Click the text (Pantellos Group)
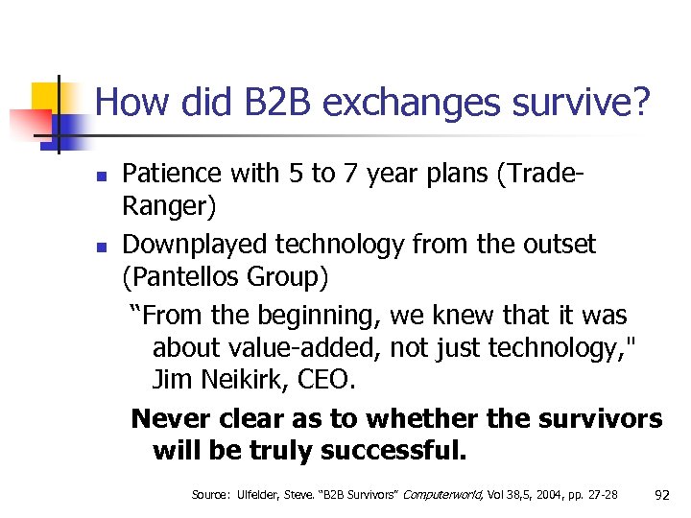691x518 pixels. coord(226,279)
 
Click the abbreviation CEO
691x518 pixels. coord(329,380)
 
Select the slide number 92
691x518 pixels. coord(661,495)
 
